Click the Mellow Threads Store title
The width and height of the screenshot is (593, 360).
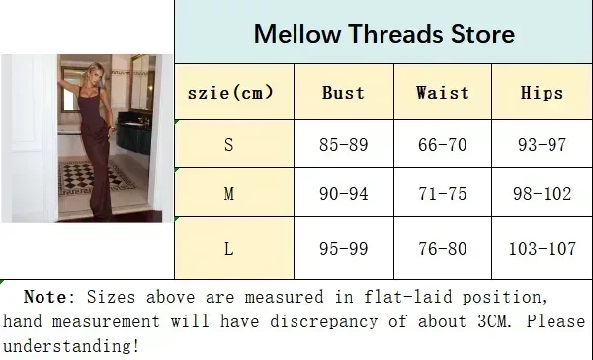pyautogui.click(x=383, y=34)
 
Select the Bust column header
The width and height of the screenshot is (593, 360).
pyautogui.click(x=343, y=93)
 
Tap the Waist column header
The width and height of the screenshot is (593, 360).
pyautogui.click(x=443, y=93)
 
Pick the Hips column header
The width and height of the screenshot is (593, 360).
pyautogui.click(x=542, y=93)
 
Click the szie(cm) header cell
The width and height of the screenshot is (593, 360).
pyautogui.click(x=230, y=93)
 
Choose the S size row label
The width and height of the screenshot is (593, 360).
pyautogui.click(x=229, y=145)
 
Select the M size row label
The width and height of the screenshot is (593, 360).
pyautogui.click(x=229, y=194)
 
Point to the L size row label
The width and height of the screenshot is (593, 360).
pyautogui.click(x=229, y=249)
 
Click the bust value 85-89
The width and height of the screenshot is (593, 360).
pyautogui.click(x=343, y=145)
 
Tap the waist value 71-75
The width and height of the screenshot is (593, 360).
pyautogui.click(x=443, y=194)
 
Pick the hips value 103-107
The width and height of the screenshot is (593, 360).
pyautogui.click(x=542, y=249)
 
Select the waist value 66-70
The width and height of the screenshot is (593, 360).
pyautogui.click(x=443, y=145)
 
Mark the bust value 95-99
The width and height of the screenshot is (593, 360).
pyautogui.click(x=343, y=249)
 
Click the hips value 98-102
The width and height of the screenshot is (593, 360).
pyautogui.click(x=542, y=194)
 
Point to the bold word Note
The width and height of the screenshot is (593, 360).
pyautogui.click(x=46, y=297)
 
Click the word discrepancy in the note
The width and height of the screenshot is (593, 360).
pyautogui.click(x=323, y=321)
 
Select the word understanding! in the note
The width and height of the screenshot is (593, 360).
pyautogui.click(x=71, y=346)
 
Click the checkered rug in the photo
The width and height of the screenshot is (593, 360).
pyautogui.click(x=97, y=178)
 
